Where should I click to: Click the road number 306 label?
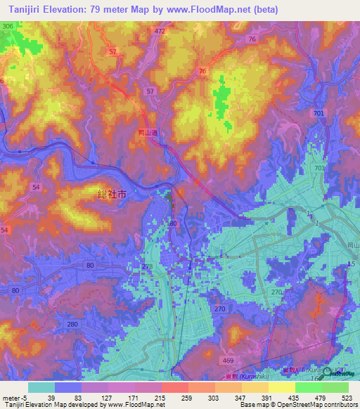click(8, 26)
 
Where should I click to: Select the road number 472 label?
click(160, 32)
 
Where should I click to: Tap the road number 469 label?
click(229, 361)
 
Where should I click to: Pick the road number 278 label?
click(147, 266)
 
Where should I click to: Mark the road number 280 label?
click(72, 324)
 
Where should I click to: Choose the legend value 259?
click(186, 398)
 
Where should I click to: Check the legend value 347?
click(240, 398)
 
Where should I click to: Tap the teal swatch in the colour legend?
click(41, 387)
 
